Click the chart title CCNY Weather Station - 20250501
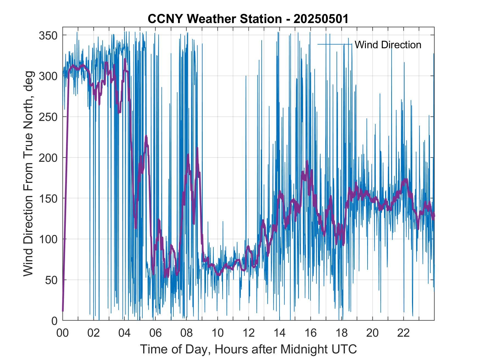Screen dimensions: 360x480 [248, 19]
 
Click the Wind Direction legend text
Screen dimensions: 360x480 [388, 45]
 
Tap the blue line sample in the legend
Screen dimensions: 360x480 [335, 44]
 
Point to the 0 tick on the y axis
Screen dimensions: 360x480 [55, 321]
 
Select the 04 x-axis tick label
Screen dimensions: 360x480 [125, 333]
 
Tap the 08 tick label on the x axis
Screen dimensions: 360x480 [187, 333]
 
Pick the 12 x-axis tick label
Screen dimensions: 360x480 [249, 333]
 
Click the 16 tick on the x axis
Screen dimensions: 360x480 [310, 333]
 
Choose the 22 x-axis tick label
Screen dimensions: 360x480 [403, 333]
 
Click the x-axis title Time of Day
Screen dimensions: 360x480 [249, 349]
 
